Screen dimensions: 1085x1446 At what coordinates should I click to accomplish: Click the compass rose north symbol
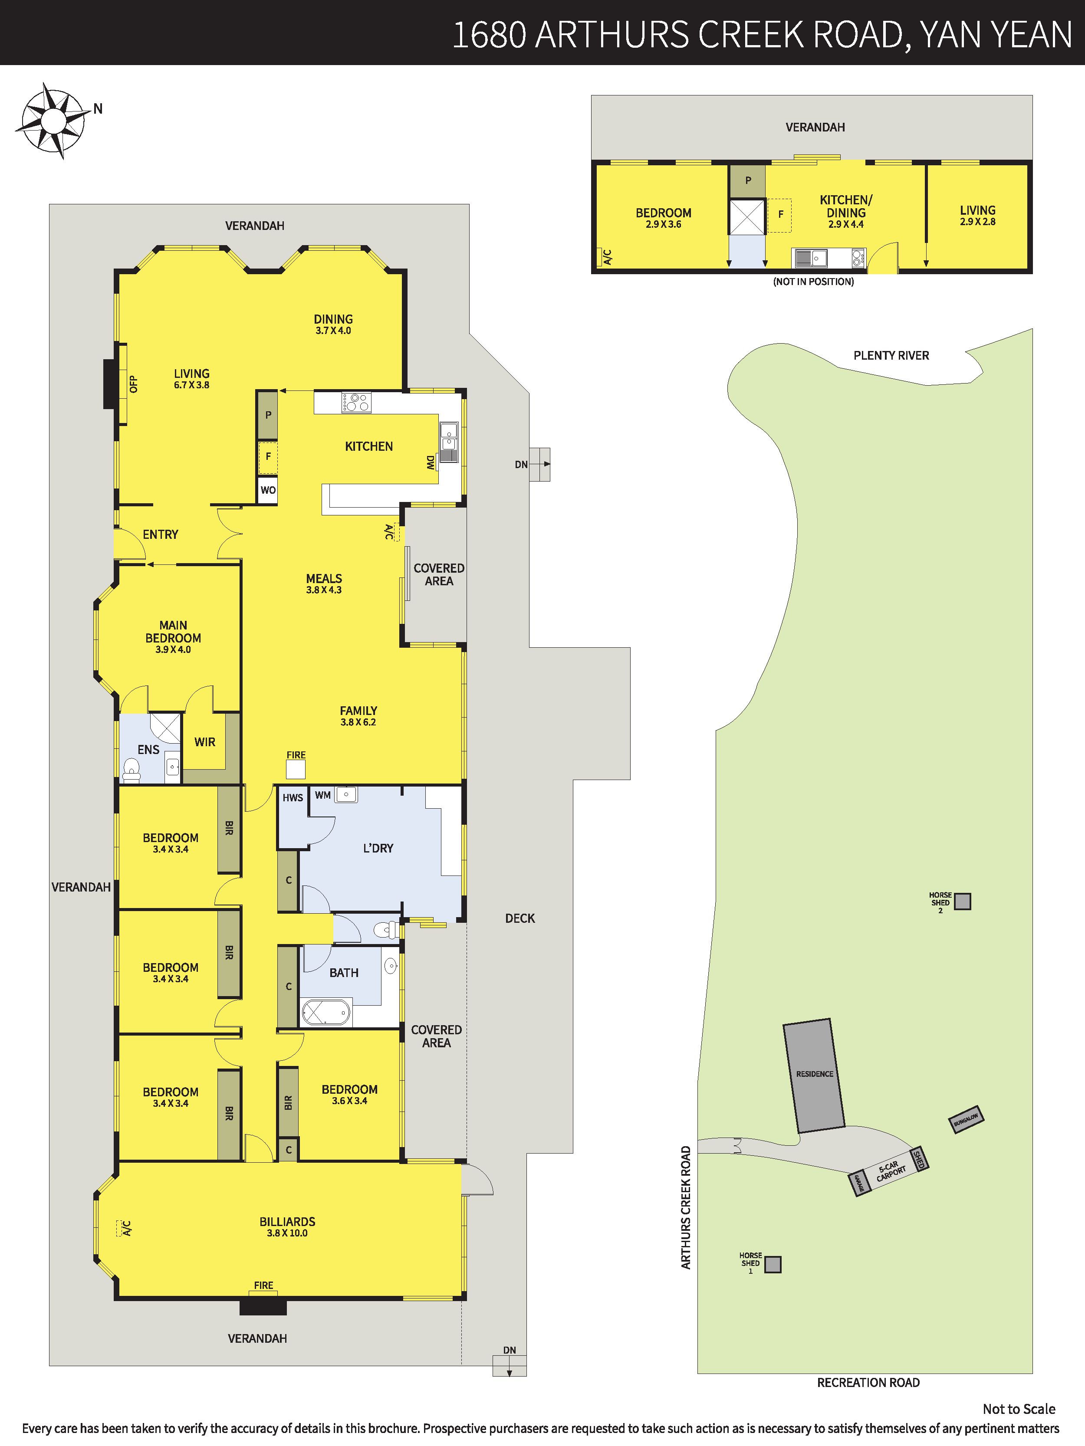(53, 121)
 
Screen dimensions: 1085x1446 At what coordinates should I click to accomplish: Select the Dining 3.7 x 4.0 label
(333, 324)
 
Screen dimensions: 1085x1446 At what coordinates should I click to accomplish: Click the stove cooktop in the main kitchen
(356, 402)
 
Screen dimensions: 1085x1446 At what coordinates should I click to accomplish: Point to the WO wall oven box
(267, 490)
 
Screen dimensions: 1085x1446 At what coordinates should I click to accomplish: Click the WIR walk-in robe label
(205, 742)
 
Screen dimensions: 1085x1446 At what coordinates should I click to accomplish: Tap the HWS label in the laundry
(293, 797)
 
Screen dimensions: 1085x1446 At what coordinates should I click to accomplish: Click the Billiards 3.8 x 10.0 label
(287, 1226)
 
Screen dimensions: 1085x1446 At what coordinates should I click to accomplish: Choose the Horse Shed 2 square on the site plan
(962, 902)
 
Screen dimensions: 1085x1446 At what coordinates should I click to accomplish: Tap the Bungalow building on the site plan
(966, 1120)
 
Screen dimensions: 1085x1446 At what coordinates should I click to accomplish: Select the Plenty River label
(891, 356)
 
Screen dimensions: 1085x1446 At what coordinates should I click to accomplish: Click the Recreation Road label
(868, 1383)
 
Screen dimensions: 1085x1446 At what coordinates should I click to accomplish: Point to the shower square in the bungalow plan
(747, 217)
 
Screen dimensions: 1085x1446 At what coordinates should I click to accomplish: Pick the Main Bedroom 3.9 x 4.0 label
(173, 637)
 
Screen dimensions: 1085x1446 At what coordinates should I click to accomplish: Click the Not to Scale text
(1019, 1409)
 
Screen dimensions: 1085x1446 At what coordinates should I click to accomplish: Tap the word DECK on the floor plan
(520, 918)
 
